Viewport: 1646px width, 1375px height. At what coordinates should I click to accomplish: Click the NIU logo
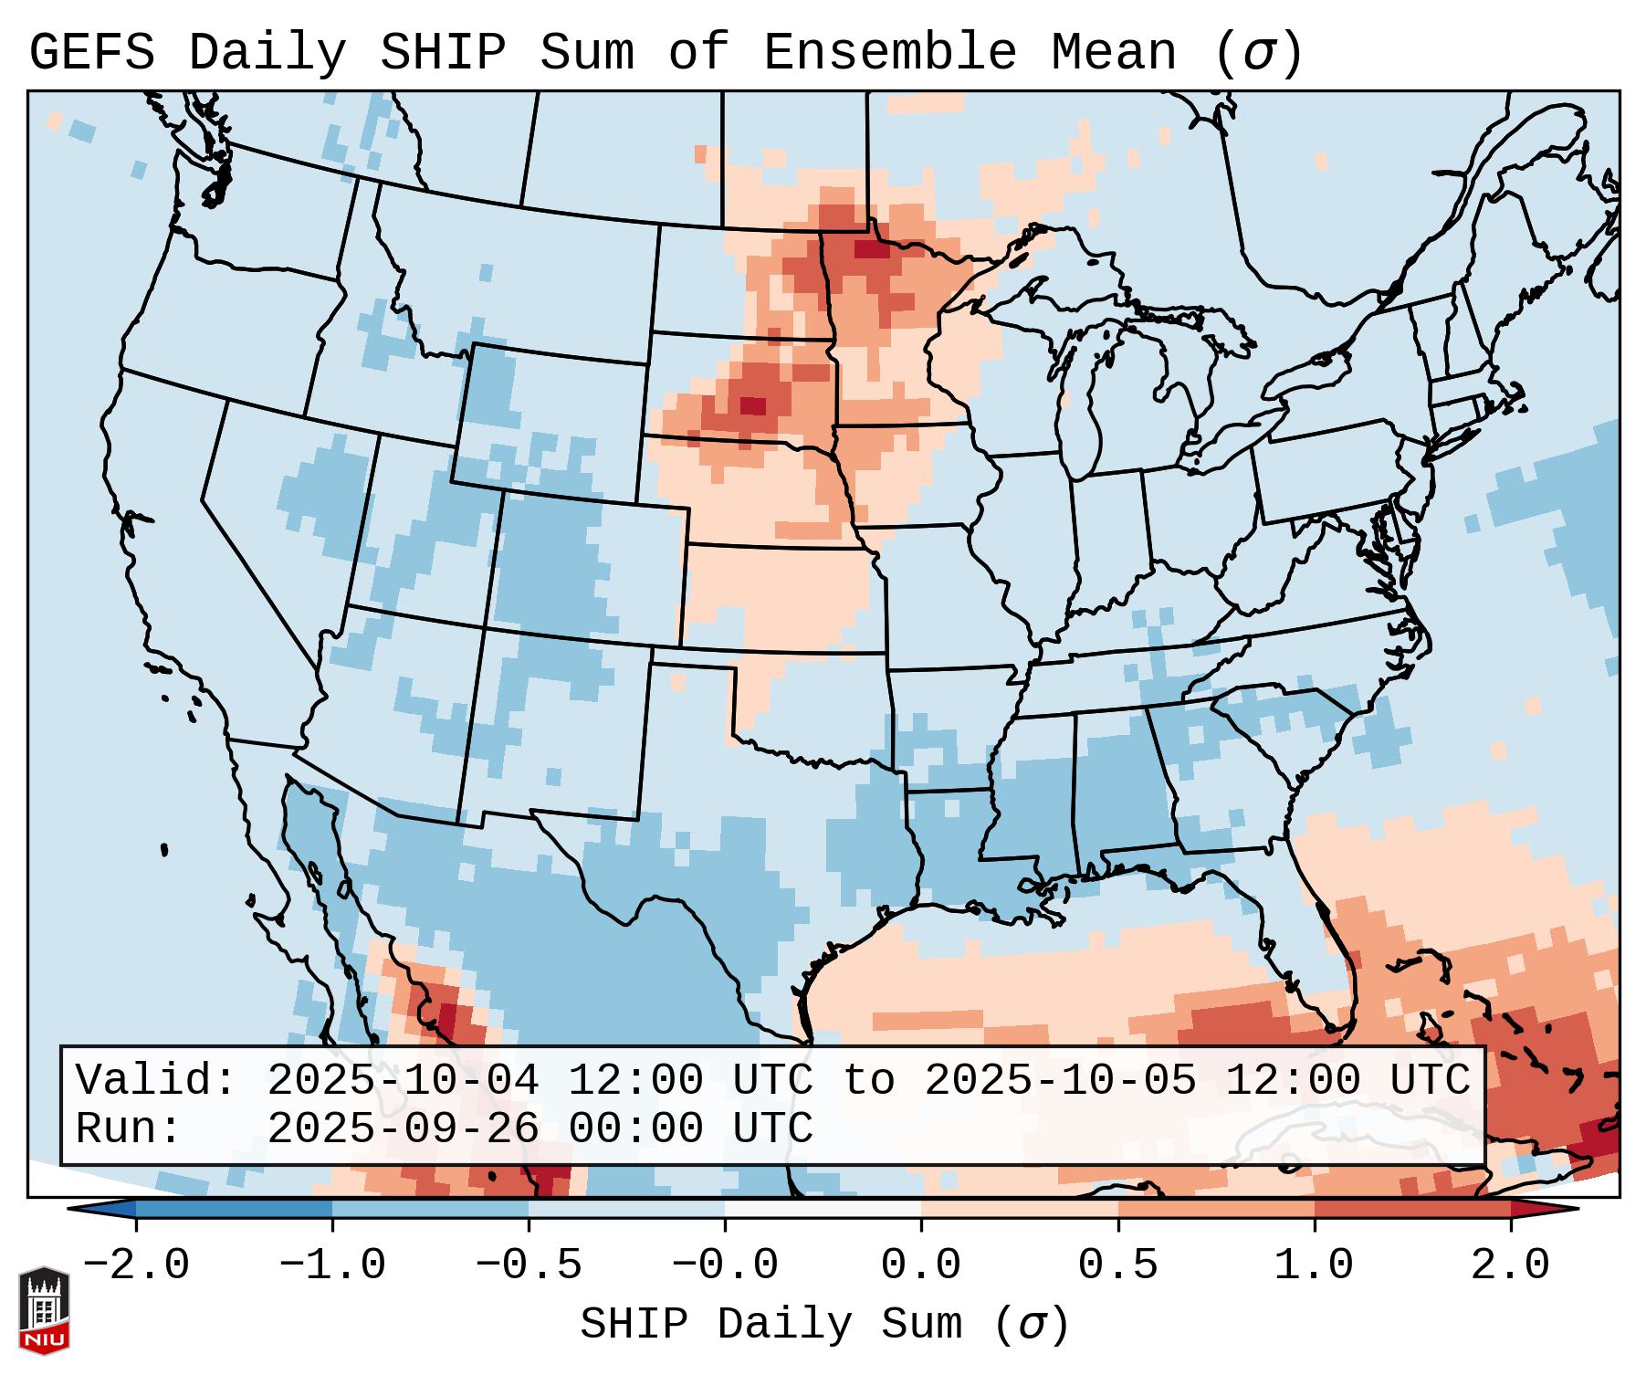point(44,1309)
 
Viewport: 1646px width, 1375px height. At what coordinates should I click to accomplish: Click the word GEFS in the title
point(91,53)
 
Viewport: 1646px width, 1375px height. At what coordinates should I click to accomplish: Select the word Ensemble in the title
point(890,53)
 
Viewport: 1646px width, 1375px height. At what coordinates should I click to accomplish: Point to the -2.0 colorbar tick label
point(136,1265)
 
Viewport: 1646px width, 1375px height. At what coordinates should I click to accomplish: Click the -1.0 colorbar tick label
point(332,1265)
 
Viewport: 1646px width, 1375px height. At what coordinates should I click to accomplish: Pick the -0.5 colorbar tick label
point(529,1265)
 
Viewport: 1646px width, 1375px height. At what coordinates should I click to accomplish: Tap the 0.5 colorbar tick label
point(1117,1265)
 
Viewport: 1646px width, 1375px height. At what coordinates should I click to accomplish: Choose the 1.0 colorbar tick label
point(1315,1265)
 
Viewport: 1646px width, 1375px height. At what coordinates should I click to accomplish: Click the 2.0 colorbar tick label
point(1511,1265)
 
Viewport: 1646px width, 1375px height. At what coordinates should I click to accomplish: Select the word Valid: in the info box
point(155,1080)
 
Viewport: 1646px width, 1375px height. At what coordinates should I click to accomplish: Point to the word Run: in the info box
point(129,1128)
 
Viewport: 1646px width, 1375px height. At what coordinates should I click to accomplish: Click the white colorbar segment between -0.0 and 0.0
point(823,1209)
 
